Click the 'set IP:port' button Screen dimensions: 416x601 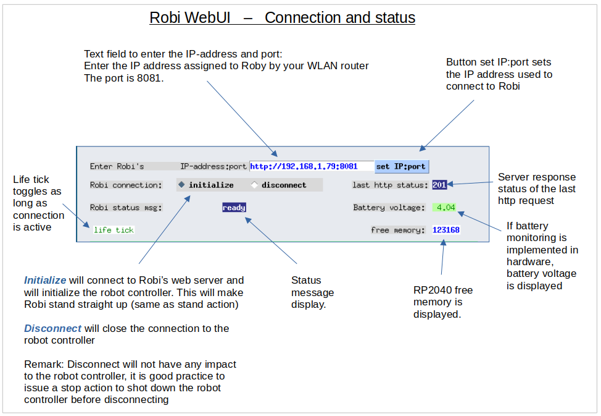pos(401,166)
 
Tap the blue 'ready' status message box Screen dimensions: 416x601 pos(234,208)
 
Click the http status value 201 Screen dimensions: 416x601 pos(439,185)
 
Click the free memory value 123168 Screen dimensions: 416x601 pos(446,230)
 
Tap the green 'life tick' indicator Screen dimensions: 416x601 pos(114,230)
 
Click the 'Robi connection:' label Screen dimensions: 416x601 pos(126,185)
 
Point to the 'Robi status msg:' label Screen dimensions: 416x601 pos(126,208)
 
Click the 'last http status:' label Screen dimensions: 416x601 pos(390,185)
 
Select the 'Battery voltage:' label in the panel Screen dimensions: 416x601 pos(389,208)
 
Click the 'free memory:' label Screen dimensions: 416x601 pos(398,230)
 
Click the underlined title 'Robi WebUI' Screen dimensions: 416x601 pos(190,17)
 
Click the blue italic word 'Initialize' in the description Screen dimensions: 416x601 pos(45,280)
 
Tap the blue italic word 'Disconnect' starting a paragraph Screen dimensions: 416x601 pos(52,328)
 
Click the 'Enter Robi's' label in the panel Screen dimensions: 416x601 pos(117,166)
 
